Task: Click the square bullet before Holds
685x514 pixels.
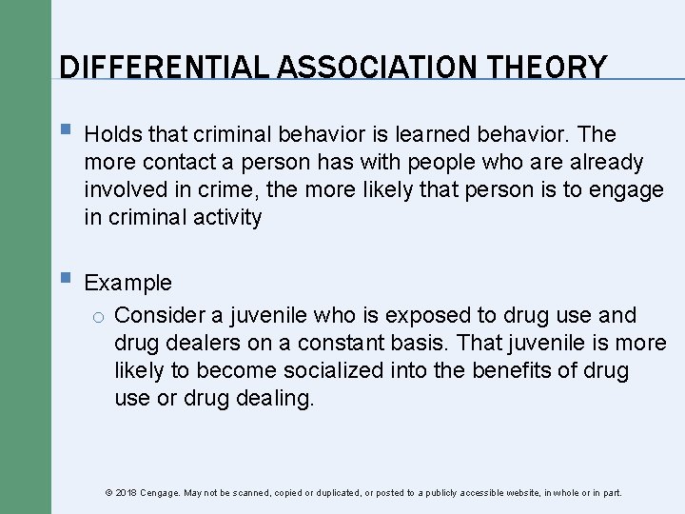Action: [64, 131]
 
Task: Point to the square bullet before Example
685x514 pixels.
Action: [64, 280]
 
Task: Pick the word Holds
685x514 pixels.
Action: [113, 134]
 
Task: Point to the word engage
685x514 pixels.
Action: [624, 190]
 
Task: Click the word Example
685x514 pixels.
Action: [128, 283]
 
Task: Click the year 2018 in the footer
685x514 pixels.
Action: [126, 493]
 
